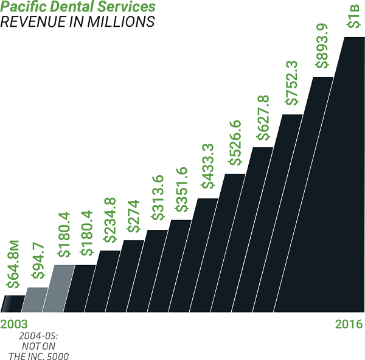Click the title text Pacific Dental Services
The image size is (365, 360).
(x=78, y=8)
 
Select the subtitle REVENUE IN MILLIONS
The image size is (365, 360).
(x=77, y=22)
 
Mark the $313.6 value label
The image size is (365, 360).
(x=158, y=198)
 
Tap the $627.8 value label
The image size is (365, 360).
(x=263, y=117)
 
